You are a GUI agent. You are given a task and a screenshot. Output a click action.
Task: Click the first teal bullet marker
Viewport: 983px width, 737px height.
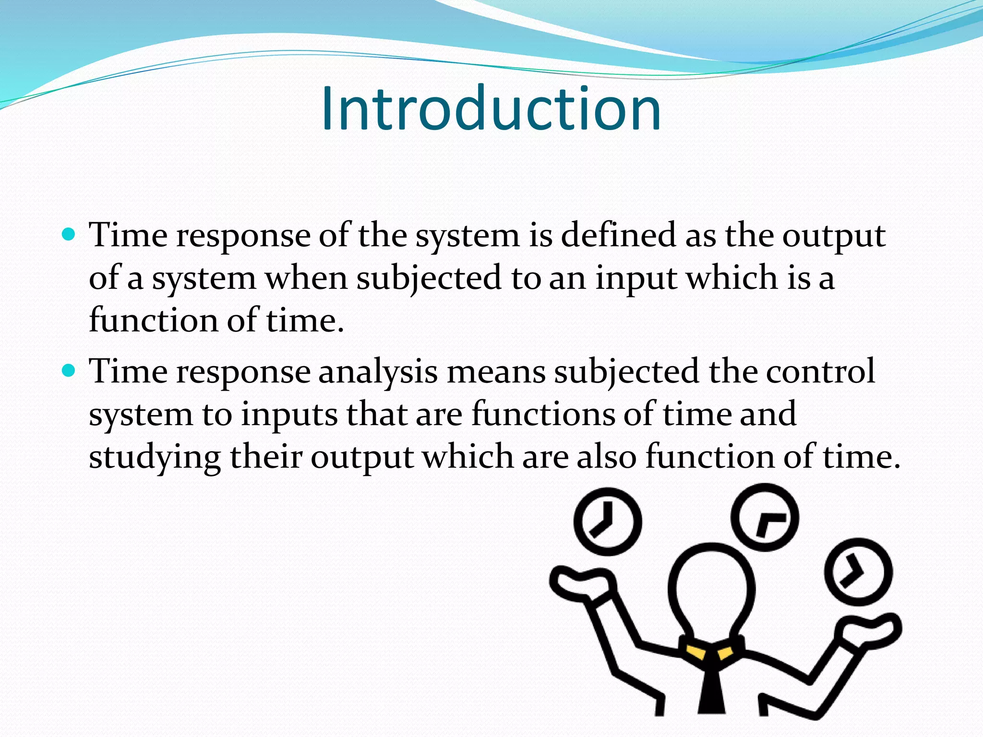coord(70,235)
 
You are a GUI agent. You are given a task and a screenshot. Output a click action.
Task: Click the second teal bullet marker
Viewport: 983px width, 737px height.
coord(70,370)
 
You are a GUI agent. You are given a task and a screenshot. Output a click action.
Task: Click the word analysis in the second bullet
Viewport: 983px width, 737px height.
coord(378,372)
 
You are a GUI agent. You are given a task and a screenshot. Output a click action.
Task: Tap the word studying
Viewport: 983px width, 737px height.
coord(155,457)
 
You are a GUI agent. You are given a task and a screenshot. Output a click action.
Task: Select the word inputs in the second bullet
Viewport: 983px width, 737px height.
coord(289,415)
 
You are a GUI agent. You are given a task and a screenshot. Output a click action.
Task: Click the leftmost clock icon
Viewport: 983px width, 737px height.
coord(608,522)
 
